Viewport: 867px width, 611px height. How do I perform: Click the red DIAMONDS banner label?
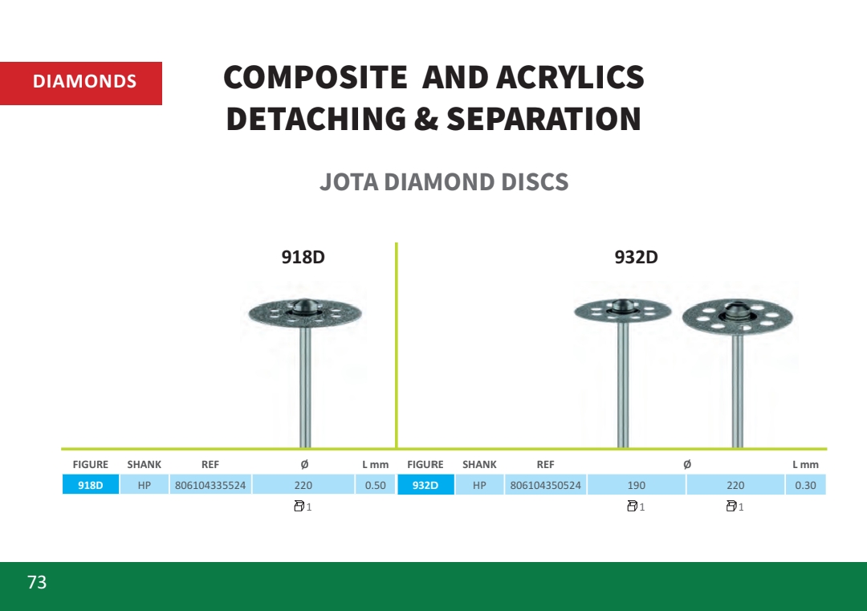pyautogui.click(x=81, y=83)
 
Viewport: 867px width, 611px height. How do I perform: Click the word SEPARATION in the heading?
pyautogui.click(x=543, y=119)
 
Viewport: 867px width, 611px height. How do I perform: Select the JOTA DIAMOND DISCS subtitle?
pyautogui.click(x=444, y=182)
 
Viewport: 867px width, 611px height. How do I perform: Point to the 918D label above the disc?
pyautogui.click(x=303, y=257)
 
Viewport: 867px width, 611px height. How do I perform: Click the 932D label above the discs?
pyautogui.click(x=636, y=257)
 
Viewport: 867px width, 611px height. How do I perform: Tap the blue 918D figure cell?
pyautogui.click(x=91, y=485)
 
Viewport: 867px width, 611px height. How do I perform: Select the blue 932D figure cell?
pyautogui.click(x=425, y=485)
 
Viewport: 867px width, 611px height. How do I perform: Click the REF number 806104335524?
pyautogui.click(x=210, y=486)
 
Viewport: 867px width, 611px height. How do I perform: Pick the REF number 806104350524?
pyautogui.click(x=545, y=486)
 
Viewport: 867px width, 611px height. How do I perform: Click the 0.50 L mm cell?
pyautogui.click(x=376, y=485)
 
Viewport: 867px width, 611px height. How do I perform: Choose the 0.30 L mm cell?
pyautogui.click(x=805, y=485)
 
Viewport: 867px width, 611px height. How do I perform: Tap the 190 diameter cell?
pyautogui.click(x=637, y=485)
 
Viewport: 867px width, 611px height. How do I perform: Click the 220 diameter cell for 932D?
pyautogui.click(x=735, y=485)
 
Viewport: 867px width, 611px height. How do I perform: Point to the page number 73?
pyautogui.click(x=37, y=582)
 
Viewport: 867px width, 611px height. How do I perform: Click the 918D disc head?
pyautogui.click(x=305, y=313)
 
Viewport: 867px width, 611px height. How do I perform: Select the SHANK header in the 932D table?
pyautogui.click(x=479, y=464)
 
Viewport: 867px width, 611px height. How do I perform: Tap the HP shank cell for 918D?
pyautogui.click(x=144, y=485)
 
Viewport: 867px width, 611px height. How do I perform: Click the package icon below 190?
pyautogui.click(x=632, y=506)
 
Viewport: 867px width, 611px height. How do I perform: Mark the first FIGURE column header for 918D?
pyautogui.click(x=91, y=464)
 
